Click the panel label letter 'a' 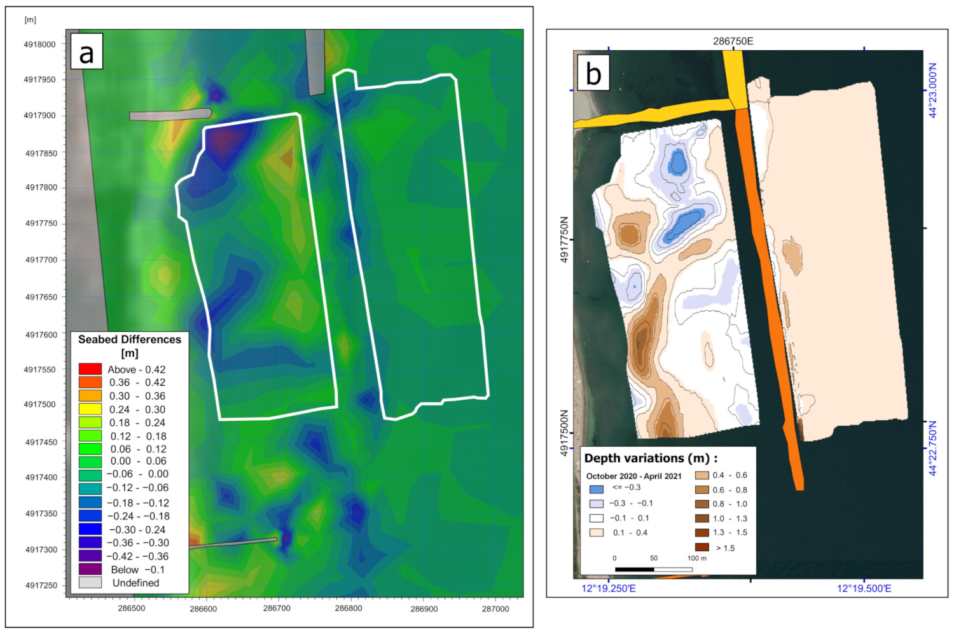(x=86, y=53)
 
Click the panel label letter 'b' (x=593, y=74)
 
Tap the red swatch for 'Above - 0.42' (x=90, y=369)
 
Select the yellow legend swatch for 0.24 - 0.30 (x=90, y=409)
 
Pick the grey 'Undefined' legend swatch (x=90, y=582)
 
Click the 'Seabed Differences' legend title (x=130, y=339)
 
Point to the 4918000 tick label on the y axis (x=39, y=44)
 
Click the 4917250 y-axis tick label (x=41, y=585)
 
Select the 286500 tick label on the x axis (x=132, y=608)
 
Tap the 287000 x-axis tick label (x=495, y=609)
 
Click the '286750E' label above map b (x=733, y=41)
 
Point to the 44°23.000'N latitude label (x=932, y=90)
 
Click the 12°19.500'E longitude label (x=864, y=589)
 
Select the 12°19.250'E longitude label (x=609, y=589)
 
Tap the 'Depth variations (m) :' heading (x=651, y=458)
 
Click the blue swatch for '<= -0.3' (x=596, y=489)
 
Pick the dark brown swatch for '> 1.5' (x=702, y=547)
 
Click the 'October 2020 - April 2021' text (x=633, y=476)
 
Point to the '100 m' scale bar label (x=696, y=558)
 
